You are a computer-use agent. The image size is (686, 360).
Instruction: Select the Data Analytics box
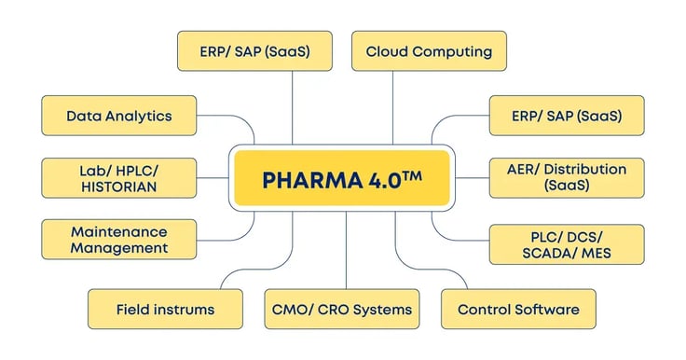tap(119, 116)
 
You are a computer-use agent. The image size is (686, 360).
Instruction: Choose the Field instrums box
tap(165, 309)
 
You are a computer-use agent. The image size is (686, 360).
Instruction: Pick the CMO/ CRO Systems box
tap(341, 309)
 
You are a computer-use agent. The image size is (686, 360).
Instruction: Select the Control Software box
tap(518, 309)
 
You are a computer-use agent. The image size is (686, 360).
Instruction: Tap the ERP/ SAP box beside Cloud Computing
tap(254, 50)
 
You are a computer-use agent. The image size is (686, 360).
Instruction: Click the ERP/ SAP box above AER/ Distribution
tap(566, 116)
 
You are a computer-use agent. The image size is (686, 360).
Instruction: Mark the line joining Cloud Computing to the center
tap(392, 107)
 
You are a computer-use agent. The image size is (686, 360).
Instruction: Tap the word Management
tap(119, 248)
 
